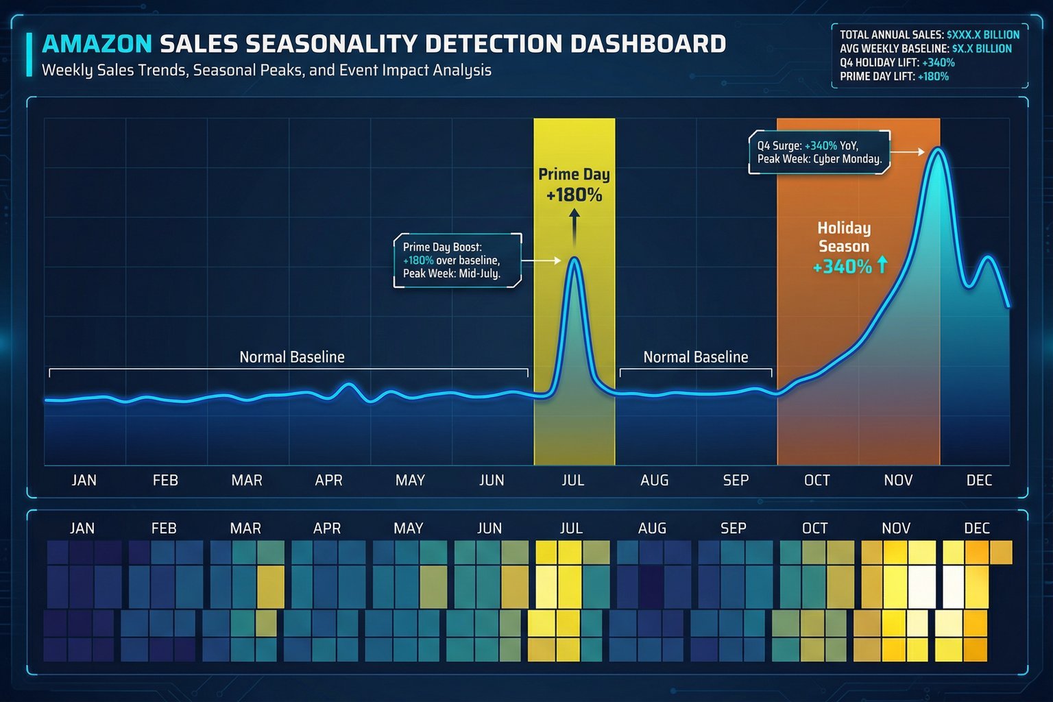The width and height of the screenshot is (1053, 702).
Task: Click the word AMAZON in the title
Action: [x=97, y=44]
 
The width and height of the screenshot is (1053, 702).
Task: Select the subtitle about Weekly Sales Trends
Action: [x=266, y=70]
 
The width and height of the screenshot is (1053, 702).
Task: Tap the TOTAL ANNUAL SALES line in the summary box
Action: [x=929, y=34]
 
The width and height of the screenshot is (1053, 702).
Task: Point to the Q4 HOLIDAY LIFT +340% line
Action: [x=897, y=62]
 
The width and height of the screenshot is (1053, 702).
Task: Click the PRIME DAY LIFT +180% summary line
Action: [x=894, y=76]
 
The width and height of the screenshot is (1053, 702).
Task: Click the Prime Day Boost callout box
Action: [x=457, y=261]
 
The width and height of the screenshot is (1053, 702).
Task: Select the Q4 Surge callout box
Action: [x=819, y=152]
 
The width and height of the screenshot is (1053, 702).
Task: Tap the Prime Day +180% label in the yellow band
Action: [x=574, y=184]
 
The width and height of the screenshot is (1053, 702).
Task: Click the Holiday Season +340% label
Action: [x=844, y=247]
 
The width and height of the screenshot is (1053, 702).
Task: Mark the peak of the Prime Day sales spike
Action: [x=574, y=258]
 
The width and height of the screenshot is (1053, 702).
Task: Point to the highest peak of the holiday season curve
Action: [x=937, y=149]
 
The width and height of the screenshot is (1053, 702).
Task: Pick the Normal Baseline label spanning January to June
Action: [x=291, y=357]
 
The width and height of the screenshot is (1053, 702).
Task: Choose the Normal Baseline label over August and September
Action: [x=695, y=357]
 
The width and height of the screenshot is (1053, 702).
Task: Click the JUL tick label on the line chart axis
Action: [x=573, y=481]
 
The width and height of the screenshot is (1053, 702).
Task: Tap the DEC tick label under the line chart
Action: [x=979, y=481]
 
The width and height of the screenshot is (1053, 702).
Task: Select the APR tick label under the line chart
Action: [x=328, y=481]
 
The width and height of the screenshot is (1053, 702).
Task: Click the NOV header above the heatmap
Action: [x=896, y=529]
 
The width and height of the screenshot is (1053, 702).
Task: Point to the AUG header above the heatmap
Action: [x=652, y=529]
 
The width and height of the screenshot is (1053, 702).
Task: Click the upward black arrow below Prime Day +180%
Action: [x=574, y=226]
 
